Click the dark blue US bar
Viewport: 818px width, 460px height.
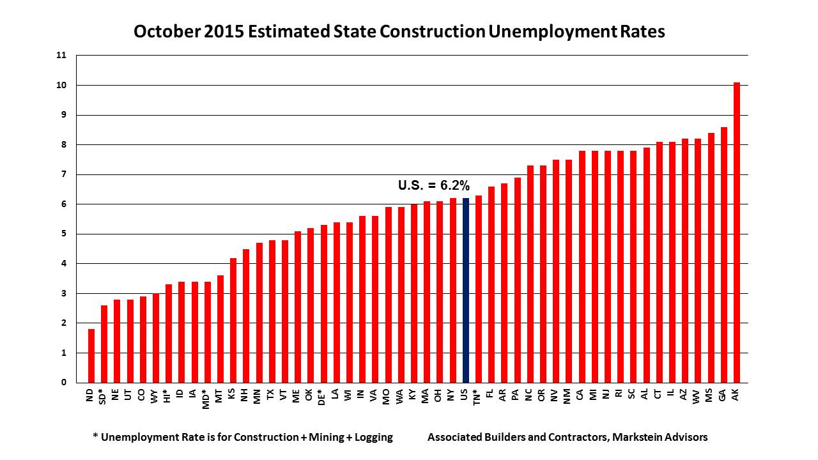coord(465,291)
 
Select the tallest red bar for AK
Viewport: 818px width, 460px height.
coord(736,233)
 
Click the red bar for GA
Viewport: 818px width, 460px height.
coord(723,255)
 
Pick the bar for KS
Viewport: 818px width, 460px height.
coord(233,320)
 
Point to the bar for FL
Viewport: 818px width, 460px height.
coord(491,284)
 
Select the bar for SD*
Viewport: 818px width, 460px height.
coord(104,344)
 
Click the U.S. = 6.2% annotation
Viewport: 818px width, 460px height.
coord(434,186)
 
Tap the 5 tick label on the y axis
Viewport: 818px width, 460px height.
coord(63,234)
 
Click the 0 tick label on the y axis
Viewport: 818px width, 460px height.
coord(63,383)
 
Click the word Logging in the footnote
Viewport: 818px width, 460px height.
coord(369,438)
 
